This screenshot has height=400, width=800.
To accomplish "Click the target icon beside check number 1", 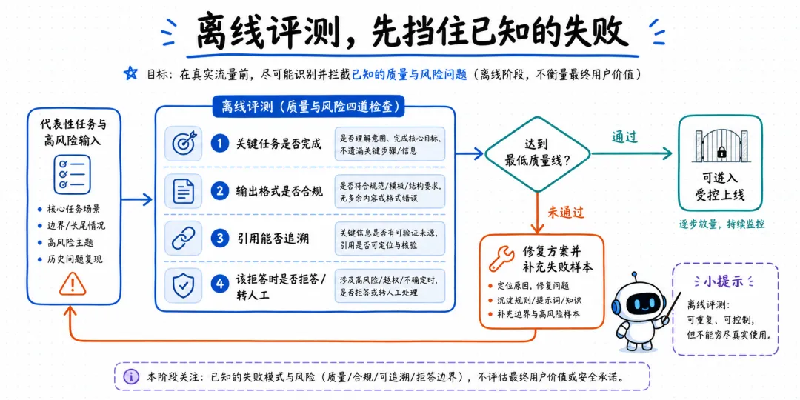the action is pos(183,144).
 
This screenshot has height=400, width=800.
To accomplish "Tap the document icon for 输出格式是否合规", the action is pos(183,192).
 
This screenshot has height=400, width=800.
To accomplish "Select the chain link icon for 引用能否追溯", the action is pos(183,239).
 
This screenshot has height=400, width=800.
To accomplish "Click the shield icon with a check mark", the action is pos(183,286).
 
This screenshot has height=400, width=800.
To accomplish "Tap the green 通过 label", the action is pos(625,137).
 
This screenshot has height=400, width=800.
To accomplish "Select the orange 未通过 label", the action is pos(566,210).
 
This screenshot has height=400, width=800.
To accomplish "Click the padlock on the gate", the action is pos(721,152).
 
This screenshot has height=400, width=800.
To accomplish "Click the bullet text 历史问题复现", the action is pos(75,259).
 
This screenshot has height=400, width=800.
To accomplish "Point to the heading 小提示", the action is pos(725,283).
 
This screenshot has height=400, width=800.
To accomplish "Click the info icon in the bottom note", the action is pos(132,376).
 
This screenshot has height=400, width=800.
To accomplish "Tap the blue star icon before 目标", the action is pos(131,73).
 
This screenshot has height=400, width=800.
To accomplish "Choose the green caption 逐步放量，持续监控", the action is pos(721,224).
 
